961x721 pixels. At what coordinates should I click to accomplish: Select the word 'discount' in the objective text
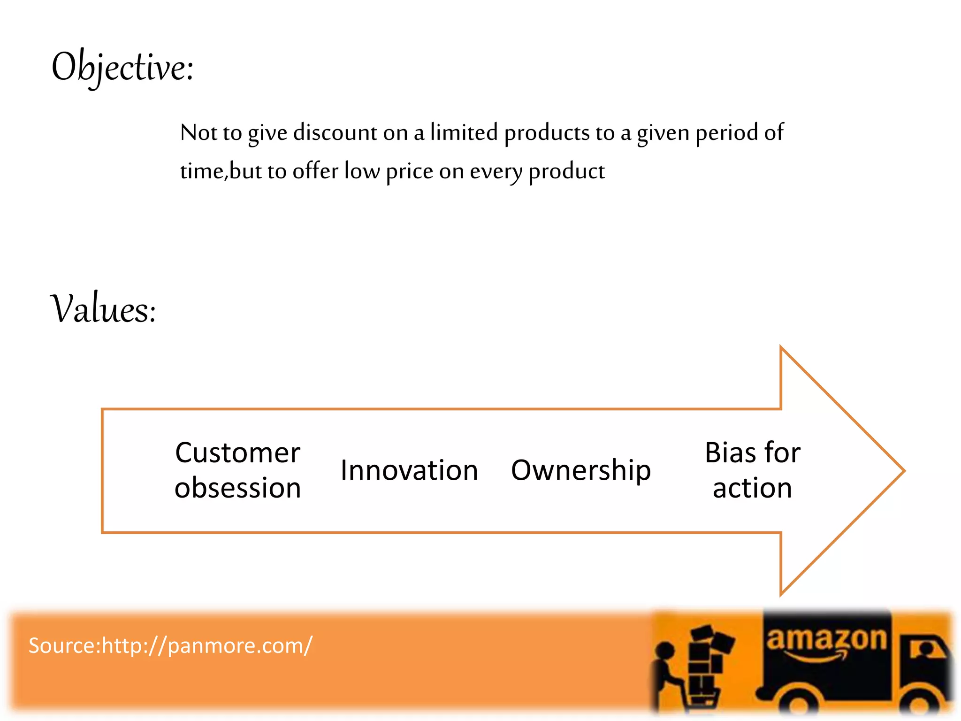(x=335, y=132)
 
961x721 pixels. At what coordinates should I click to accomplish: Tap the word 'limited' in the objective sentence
(x=464, y=132)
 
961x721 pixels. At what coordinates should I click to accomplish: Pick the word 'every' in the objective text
(x=496, y=172)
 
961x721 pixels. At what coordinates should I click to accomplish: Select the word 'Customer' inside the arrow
(x=237, y=453)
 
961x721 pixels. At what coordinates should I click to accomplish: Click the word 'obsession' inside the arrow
(x=237, y=488)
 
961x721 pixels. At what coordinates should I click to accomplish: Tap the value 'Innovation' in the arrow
(x=409, y=470)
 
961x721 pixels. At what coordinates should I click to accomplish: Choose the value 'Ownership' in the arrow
(x=581, y=470)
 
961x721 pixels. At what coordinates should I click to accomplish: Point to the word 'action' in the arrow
(x=752, y=488)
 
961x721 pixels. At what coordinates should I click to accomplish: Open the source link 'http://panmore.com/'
(x=207, y=646)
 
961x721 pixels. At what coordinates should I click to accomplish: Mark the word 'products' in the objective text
(x=547, y=133)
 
